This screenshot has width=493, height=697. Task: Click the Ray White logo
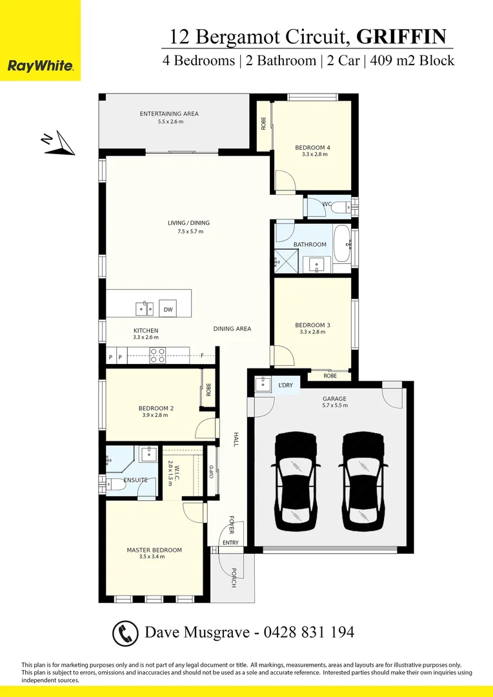(x=40, y=65)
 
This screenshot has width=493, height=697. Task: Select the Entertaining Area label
(x=169, y=114)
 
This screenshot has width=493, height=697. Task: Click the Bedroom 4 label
(x=315, y=147)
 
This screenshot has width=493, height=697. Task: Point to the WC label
(x=327, y=204)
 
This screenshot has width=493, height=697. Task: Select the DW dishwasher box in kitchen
(x=168, y=310)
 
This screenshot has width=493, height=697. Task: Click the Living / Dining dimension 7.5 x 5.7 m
(x=188, y=231)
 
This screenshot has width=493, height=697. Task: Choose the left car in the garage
(x=295, y=478)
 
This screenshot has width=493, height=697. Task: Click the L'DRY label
(x=285, y=385)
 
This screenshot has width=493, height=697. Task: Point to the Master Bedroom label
(x=154, y=551)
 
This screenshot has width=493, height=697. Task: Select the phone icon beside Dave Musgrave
(x=125, y=632)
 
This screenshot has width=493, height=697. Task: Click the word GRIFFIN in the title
(x=401, y=37)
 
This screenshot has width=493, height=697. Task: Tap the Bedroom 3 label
(x=313, y=325)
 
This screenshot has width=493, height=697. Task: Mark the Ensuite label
(x=136, y=480)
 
